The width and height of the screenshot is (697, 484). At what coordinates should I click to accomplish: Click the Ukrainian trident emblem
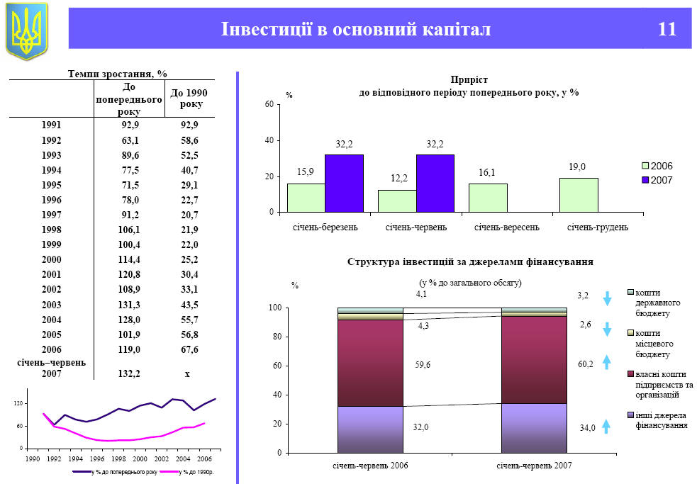pos(27,30)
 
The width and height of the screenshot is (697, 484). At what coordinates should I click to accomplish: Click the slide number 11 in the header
pos(667,29)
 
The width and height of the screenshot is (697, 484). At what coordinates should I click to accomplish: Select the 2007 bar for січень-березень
pos(344,183)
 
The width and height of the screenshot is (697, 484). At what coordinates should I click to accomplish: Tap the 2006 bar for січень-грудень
pos(578,195)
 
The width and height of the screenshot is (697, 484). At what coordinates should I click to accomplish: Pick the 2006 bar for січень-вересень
pos(487,198)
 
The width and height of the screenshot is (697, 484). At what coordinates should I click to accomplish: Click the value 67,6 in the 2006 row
pos(189,349)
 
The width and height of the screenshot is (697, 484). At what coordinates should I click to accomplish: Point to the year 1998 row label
pos(51,230)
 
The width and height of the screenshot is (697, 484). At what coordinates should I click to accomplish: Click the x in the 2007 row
pos(187,374)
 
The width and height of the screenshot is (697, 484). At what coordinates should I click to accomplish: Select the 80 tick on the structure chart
pos(276,337)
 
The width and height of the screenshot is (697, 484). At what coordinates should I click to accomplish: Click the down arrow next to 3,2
pos(607,298)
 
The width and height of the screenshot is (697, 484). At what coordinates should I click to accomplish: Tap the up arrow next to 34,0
pos(607,426)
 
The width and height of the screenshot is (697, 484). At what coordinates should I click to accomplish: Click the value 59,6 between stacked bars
pos(423,365)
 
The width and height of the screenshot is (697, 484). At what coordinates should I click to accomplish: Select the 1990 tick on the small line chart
pos(32,458)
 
